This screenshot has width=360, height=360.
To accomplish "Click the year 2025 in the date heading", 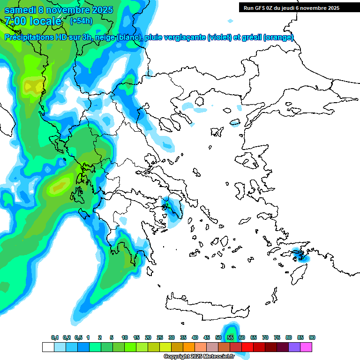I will [100, 10].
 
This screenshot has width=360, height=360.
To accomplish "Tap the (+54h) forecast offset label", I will [81, 21].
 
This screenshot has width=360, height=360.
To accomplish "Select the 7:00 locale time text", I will [33, 21].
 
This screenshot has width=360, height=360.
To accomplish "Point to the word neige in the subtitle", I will [105, 37].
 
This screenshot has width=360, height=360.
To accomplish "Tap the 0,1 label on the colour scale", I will [54, 337].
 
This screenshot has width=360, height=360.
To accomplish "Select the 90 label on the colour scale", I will [312, 337].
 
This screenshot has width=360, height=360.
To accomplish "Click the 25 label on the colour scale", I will [160, 337].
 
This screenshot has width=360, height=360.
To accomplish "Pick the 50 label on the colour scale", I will [218, 337].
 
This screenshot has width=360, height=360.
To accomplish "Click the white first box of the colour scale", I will [48, 347].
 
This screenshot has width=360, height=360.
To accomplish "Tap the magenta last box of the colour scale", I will [306, 347].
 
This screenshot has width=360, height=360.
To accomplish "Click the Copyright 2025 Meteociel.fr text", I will [199, 356].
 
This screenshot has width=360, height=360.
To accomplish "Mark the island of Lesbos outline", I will [248, 160].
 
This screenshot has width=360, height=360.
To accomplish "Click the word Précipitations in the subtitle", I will [32, 37].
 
